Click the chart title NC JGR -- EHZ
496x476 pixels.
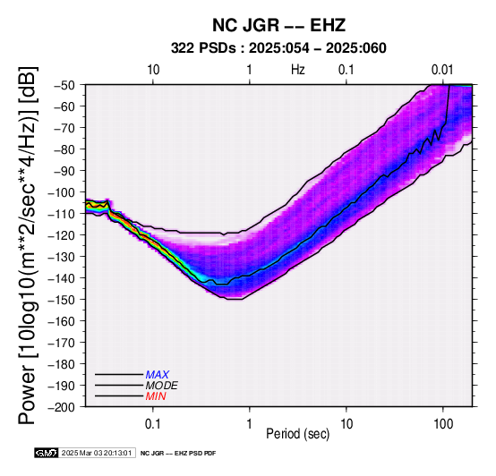coord(278,25)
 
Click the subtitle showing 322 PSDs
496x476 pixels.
coord(278,48)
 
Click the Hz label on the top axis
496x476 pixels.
coord(297,70)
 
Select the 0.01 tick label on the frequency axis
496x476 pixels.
coord(442,70)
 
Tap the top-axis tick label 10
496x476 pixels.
coord(153,70)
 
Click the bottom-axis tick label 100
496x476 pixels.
coord(443,424)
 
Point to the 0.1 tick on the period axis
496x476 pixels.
coord(153,424)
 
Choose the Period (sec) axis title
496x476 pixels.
coord(297,434)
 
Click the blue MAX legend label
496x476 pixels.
coord(158,375)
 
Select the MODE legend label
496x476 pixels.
coord(162,386)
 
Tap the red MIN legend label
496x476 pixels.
coord(156,396)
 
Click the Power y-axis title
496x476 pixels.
coord(27,245)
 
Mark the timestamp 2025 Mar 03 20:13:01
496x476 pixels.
coord(97,453)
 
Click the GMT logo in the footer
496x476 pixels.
coord(47,453)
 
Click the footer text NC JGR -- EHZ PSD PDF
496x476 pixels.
coord(178,454)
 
